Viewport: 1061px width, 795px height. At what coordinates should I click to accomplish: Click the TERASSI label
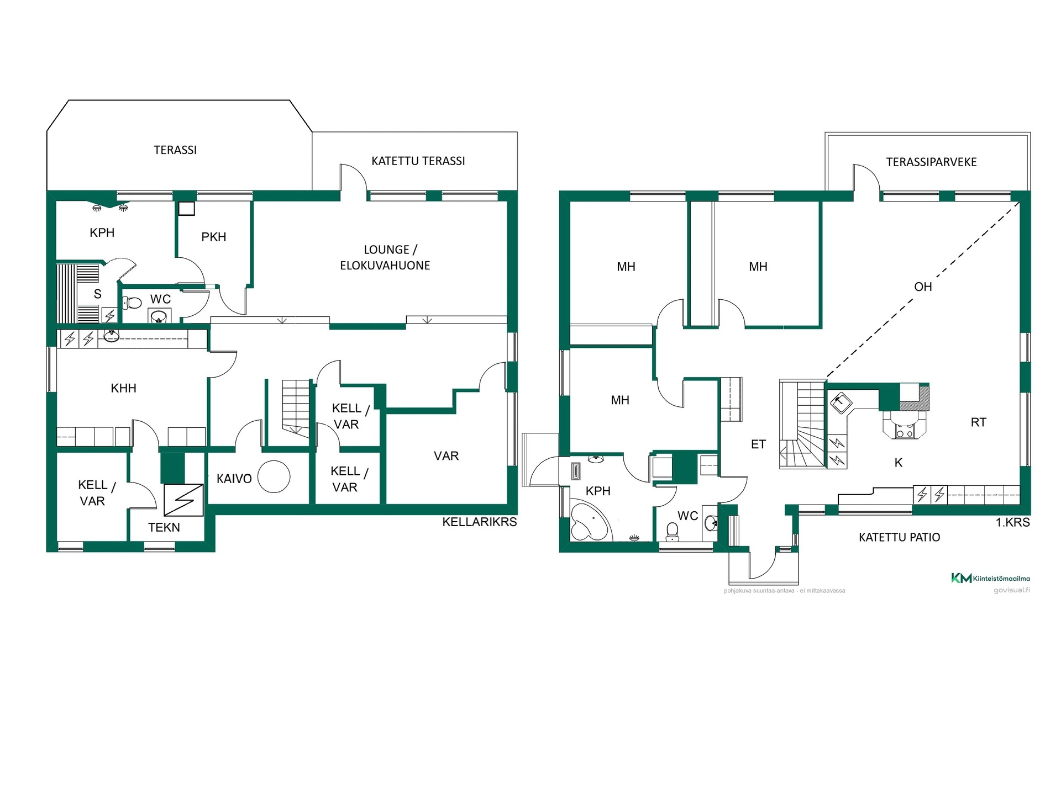[x=175, y=150]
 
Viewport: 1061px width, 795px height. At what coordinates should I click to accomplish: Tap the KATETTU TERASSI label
[x=418, y=161]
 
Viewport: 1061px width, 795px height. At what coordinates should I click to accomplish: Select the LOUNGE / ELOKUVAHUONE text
[x=385, y=257]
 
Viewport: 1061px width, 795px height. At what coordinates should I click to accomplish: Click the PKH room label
[x=214, y=237]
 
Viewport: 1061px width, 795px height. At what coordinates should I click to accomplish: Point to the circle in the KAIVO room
[x=274, y=476]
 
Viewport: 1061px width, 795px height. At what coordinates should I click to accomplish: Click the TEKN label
[x=164, y=527]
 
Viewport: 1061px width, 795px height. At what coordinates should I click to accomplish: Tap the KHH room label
[x=124, y=388]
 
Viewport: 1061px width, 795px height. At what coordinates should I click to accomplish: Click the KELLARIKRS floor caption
[x=480, y=522]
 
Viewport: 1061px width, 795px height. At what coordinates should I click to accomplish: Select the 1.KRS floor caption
[x=1013, y=522]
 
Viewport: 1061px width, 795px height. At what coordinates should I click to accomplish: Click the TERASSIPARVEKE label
[x=932, y=162]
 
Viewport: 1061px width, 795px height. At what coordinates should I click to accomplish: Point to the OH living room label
[x=923, y=287]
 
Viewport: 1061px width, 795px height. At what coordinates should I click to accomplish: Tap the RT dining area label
[x=979, y=422]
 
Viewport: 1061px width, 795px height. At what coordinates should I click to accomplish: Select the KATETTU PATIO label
[x=900, y=537]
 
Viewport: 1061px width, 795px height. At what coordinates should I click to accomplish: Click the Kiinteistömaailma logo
[x=990, y=578]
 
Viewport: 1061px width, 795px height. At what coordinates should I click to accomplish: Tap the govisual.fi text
[x=1012, y=590]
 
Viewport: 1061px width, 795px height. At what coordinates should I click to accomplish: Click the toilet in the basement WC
[x=132, y=303]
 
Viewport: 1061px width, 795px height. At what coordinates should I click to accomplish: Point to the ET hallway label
[x=758, y=444]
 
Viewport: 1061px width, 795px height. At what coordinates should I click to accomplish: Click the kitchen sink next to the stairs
[x=839, y=402]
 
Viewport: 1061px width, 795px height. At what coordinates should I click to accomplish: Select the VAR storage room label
[x=447, y=456]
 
